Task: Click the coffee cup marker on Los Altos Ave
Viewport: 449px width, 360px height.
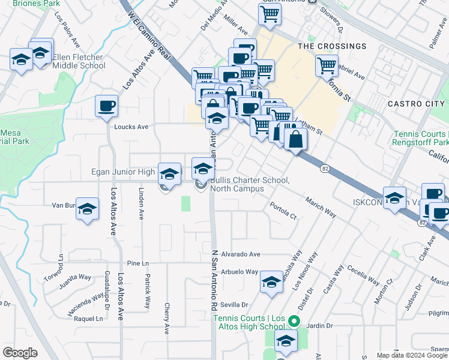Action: (x=107, y=106)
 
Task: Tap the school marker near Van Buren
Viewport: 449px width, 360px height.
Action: (x=88, y=209)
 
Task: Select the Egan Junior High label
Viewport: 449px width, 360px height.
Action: (x=123, y=172)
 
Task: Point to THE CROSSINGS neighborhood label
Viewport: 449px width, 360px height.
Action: (x=332, y=46)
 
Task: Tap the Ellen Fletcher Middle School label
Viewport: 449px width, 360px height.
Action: (x=79, y=61)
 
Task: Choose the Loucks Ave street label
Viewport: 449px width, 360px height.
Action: (x=131, y=127)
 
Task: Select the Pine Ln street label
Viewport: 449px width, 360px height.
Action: (x=137, y=263)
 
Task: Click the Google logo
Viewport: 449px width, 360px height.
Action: (x=20, y=353)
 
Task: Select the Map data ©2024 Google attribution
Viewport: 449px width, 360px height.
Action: (x=411, y=355)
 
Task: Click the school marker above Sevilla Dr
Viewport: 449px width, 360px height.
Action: (x=271, y=281)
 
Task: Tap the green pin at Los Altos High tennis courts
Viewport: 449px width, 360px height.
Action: (x=294, y=320)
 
